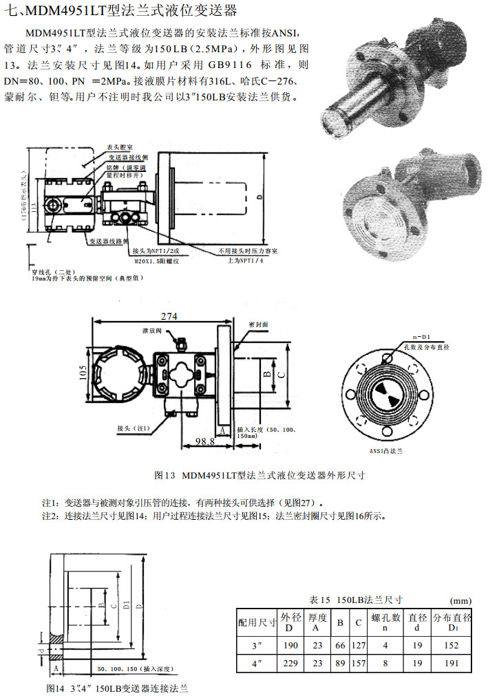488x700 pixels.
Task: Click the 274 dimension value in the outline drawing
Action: click(169, 317)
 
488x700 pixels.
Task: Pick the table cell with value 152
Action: click(451, 646)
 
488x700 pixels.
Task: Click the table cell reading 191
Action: click(451, 664)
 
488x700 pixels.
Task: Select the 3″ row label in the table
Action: click(258, 646)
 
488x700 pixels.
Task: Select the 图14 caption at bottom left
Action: click(117, 688)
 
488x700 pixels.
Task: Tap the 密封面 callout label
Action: click(258, 323)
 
